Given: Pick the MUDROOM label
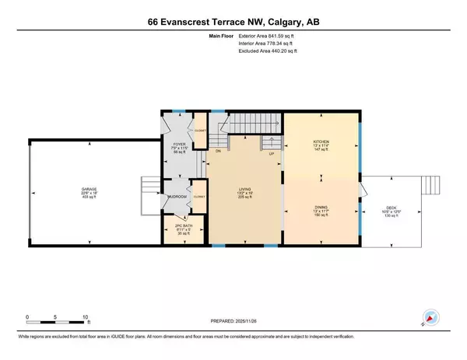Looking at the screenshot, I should click(177, 197).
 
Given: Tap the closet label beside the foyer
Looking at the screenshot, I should click(198, 131).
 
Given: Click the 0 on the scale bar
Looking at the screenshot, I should click(28, 316).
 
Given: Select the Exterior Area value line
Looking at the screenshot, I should click(268, 36).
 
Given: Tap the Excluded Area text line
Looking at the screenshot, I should click(269, 51).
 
